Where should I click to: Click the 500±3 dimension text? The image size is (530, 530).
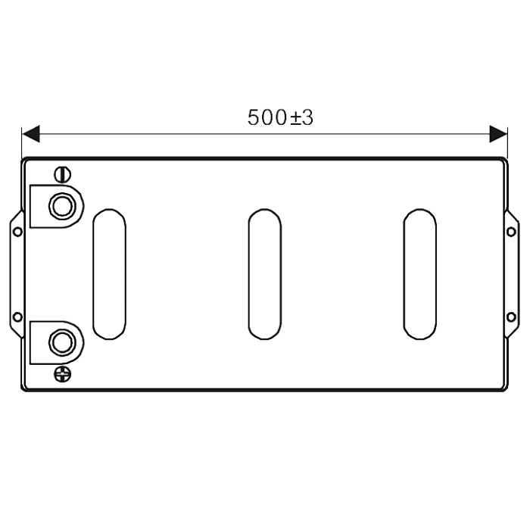[x=280, y=117]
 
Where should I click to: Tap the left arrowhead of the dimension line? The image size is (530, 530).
[x=31, y=134]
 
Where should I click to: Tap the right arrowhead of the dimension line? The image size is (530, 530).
[x=498, y=134]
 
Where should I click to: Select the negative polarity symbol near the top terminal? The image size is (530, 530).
[x=63, y=175]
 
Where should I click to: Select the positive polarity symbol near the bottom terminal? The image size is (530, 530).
[x=63, y=374]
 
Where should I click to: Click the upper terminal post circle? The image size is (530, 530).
[x=62, y=206]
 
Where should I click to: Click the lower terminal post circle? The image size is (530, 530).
[x=62, y=342]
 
